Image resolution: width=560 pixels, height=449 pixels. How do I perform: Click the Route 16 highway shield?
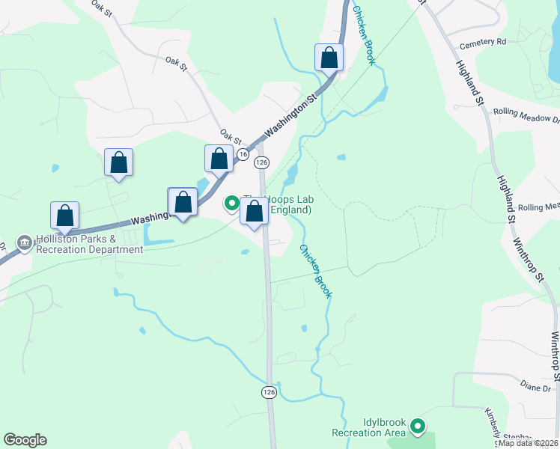(243, 153)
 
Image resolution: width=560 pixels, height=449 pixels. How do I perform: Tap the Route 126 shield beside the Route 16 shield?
(261, 162)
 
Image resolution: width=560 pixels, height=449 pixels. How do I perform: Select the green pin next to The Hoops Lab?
(232, 203)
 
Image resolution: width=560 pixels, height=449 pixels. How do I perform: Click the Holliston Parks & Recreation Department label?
(88, 244)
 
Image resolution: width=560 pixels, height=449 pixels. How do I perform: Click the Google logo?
(25, 440)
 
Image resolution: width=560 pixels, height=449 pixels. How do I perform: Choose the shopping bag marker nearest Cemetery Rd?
(329, 57)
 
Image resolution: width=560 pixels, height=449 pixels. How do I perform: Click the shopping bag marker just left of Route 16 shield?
(219, 159)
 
